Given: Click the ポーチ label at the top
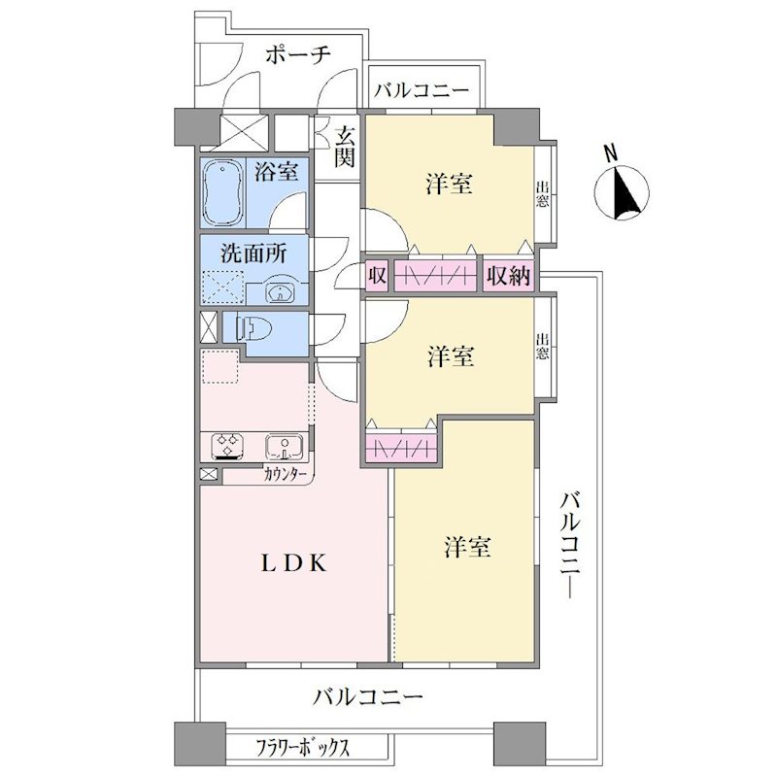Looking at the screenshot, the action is (298, 54).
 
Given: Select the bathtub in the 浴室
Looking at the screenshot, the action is (223, 192).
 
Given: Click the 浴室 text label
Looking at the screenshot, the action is (276, 171).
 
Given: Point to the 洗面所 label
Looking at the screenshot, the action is (253, 253).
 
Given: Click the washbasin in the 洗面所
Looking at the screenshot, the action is (281, 293).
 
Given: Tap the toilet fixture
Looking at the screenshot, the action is (254, 328).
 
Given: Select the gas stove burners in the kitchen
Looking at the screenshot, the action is (227, 445).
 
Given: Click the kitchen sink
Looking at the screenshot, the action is (284, 447).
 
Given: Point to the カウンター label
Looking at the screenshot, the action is (285, 474).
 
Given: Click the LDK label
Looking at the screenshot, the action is (294, 563).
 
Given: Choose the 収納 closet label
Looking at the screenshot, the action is (508, 276).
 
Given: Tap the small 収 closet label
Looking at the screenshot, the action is (377, 276).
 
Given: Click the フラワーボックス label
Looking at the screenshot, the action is (302, 747).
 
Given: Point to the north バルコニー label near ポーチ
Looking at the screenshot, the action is (421, 90).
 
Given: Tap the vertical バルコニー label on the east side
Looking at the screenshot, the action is (570, 545).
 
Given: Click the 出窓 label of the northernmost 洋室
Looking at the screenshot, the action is (542, 194).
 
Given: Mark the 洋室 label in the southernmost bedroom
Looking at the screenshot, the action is (467, 547).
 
